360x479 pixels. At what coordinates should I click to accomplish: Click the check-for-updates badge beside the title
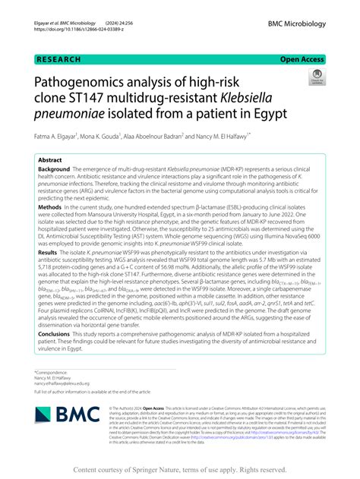pos(313,78)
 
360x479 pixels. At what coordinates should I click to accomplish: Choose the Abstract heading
pos(50,160)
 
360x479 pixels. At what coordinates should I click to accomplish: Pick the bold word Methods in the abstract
pos(51,227)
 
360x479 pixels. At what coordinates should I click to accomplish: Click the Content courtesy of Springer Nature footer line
pos(180,468)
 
